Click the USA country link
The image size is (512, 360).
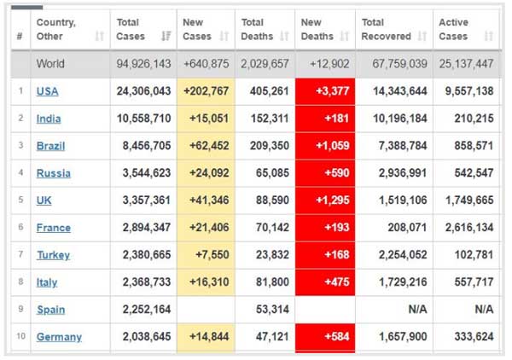(x=48, y=91)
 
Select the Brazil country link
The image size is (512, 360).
(x=50, y=146)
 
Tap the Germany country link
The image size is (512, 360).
(x=59, y=337)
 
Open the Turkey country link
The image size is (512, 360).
(x=53, y=255)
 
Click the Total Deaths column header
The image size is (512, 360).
(x=257, y=30)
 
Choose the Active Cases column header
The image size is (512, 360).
(x=454, y=30)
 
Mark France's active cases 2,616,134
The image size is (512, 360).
(x=464, y=228)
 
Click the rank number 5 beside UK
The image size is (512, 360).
(x=20, y=200)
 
